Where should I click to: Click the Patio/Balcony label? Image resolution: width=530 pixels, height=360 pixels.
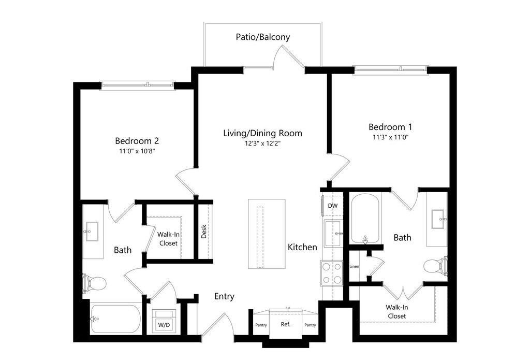click(262, 37)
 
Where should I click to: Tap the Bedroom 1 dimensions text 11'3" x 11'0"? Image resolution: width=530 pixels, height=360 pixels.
click(393, 137)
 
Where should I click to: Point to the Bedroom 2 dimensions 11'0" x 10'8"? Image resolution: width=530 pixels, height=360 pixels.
click(137, 151)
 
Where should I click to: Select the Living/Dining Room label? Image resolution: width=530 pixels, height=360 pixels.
click(262, 133)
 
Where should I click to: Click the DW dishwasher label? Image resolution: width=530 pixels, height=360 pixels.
click(333, 206)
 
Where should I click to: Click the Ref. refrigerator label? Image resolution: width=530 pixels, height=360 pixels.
click(285, 325)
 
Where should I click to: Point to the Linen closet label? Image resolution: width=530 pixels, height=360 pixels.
click(354, 267)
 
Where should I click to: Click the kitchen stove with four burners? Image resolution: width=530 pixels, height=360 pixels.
click(332, 273)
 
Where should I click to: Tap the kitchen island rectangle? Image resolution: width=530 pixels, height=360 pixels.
click(267, 234)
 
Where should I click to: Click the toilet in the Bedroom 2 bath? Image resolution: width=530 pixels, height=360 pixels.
click(94, 283)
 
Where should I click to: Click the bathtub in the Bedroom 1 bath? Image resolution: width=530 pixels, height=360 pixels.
click(365, 218)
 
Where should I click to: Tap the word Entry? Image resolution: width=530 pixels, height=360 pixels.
click(224, 297)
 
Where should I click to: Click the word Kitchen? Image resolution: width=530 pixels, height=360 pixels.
click(302, 247)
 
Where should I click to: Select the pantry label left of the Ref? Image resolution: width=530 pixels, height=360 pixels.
click(261, 325)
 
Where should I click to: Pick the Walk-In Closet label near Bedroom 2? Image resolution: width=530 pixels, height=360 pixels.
click(168, 239)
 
